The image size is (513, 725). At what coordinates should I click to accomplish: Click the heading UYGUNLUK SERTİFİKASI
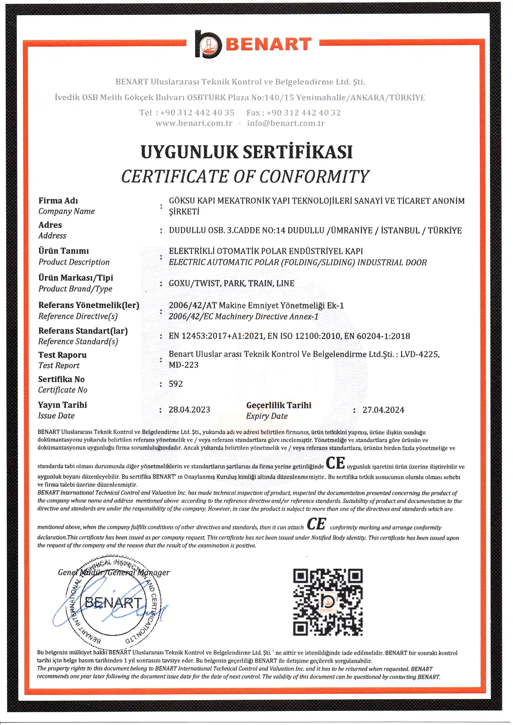point(246,152)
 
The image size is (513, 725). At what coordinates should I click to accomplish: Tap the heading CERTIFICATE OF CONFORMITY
point(245,176)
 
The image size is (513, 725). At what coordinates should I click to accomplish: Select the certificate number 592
point(176,384)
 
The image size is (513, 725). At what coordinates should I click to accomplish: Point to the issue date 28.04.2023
point(189,409)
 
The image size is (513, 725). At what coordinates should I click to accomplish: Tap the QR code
point(328,602)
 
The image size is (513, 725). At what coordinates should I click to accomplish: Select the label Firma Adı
point(58,200)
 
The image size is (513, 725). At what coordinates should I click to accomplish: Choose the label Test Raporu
point(62,355)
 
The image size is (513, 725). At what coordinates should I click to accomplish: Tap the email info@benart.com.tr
point(286,123)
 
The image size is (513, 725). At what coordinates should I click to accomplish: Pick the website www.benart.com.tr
point(194,123)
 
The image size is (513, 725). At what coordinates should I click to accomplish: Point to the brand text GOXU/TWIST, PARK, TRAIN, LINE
point(231,283)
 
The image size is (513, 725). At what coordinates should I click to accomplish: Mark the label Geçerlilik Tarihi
point(279,405)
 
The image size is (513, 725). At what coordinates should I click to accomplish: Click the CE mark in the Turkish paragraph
point(335,463)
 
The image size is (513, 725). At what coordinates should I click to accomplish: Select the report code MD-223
point(184,365)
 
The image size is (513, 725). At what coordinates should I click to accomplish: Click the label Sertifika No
point(61,379)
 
